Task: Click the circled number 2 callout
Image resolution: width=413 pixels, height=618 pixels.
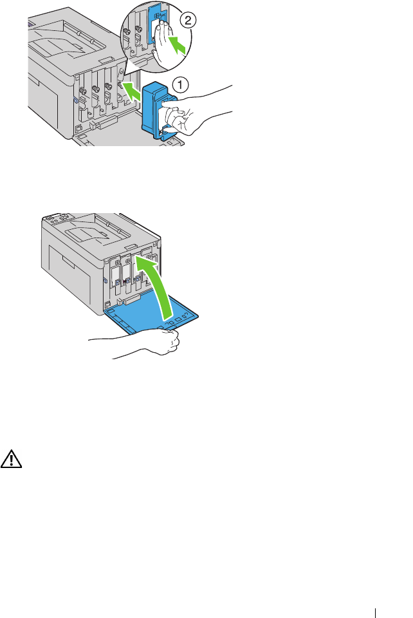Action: tap(188, 20)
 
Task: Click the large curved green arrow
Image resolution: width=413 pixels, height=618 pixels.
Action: tap(157, 284)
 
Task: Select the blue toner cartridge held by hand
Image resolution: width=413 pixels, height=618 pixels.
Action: tap(158, 110)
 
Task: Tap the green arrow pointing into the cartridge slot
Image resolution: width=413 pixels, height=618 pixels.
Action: tap(131, 90)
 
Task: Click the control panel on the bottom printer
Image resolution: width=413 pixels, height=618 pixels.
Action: tap(59, 218)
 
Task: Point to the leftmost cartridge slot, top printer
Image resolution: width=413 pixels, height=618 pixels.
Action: tap(84, 97)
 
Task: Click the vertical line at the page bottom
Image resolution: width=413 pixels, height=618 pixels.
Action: tap(376, 613)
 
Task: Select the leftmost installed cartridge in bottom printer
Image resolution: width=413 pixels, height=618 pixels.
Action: tap(115, 276)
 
